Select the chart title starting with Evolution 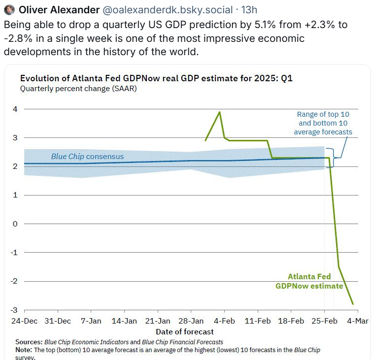(x=156, y=79)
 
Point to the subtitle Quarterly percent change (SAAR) (x=78, y=89)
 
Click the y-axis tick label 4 (x=15, y=109)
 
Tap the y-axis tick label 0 (x=15, y=224)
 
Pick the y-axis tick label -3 (x=14, y=310)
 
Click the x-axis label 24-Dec (x=24, y=321)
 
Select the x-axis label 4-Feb (x=224, y=321)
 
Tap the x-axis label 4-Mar (x=357, y=321)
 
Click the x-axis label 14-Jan (x=124, y=321)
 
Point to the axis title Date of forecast (x=185, y=331)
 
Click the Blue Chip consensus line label (x=87, y=157)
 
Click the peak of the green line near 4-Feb (x=219, y=112)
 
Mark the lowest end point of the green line (x=353, y=304)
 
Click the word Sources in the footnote (x=29, y=342)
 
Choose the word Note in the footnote (x=23, y=350)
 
